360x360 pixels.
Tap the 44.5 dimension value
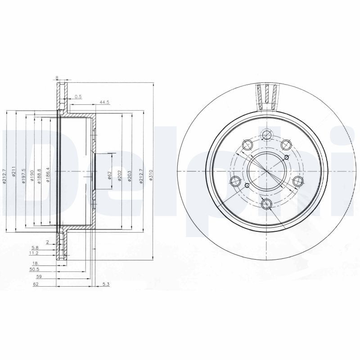click(x=105, y=103)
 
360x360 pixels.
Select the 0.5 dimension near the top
click(x=78, y=96)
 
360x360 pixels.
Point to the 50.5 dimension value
click(x=34, y=270)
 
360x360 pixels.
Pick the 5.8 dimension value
click(x=35, y=248)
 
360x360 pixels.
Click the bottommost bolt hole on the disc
click(x=267, y=204)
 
